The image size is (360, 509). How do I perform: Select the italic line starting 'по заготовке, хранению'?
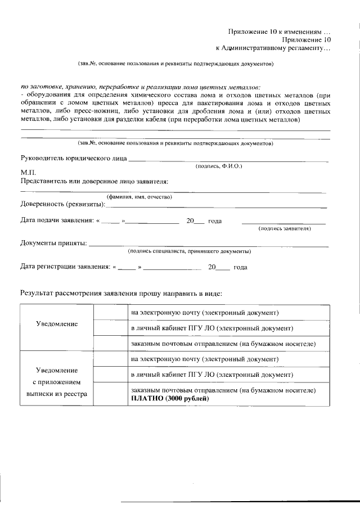[141, 87]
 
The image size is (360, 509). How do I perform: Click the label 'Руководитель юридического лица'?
[74, 159]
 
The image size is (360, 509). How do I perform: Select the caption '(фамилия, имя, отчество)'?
[139, 197]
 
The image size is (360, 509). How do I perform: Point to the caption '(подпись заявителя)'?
[284, 229]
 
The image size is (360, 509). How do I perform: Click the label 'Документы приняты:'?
[53, 244]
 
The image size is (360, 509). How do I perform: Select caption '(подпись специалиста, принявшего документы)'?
[189, 251]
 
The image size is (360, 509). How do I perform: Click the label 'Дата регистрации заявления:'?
[65, 267]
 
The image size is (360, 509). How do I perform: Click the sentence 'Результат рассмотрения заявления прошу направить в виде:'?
[121, 293]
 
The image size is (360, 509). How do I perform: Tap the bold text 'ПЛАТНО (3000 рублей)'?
[169, 399]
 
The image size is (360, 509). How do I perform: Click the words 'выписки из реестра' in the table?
[56, 394]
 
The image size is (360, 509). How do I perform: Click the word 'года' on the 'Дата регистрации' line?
[240, 267]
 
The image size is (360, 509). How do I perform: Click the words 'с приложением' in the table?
[56, 382]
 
